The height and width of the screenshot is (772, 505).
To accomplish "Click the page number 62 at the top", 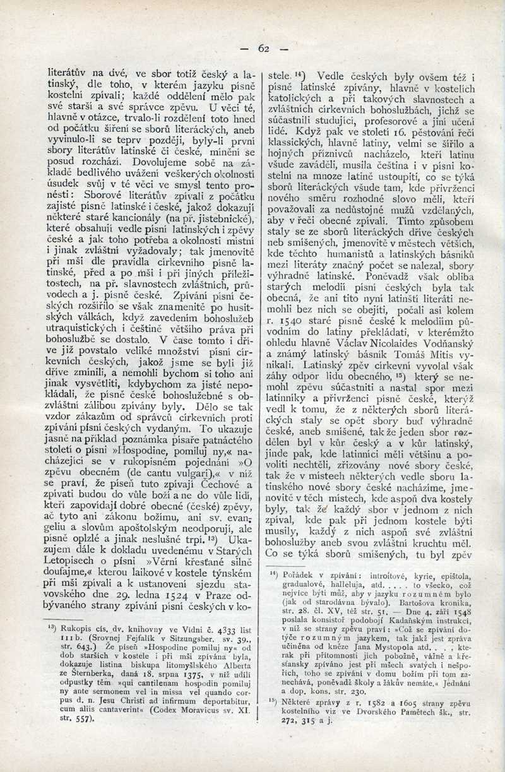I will click(263, 49).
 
